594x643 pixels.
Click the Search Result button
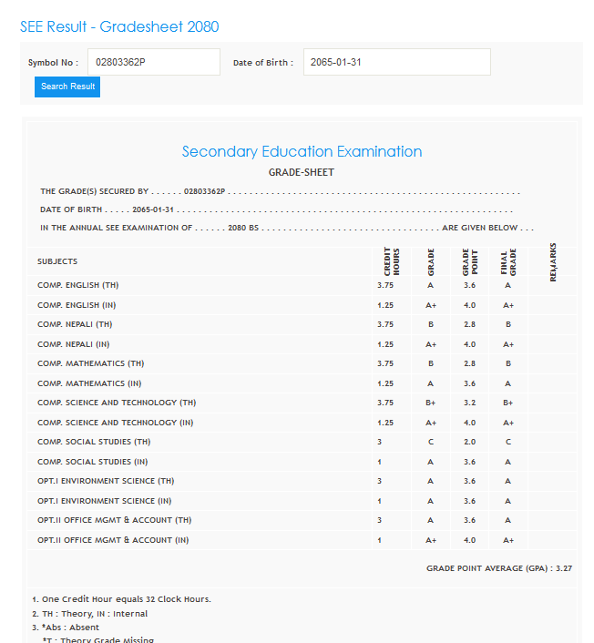click(x=67, y=87)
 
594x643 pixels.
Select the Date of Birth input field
click(x=396, y=62)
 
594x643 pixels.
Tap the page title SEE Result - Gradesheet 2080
click(x=119, y=27)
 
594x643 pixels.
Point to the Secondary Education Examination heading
click(x=302, y=151)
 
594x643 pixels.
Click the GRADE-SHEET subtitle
click(x=301, y=172)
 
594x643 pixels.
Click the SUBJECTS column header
click(x=57, y=261)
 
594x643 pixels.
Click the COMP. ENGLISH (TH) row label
click(x=77, y=285)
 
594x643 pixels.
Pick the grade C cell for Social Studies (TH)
click(x=430, y=442)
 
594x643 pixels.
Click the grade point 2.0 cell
click(x=469, y=442)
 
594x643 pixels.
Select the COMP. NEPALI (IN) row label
click(x=75, y=344)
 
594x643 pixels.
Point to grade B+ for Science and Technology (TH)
click(x=430, y=403)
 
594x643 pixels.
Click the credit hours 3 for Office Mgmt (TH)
click(x=380, y=520)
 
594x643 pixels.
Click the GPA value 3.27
click(x=563, y=568)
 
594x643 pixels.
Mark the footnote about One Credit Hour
click(x=121, y=599)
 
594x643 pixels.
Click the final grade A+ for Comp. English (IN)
click(x=508, y=305)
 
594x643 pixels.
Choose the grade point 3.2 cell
click(x=469, y=403)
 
